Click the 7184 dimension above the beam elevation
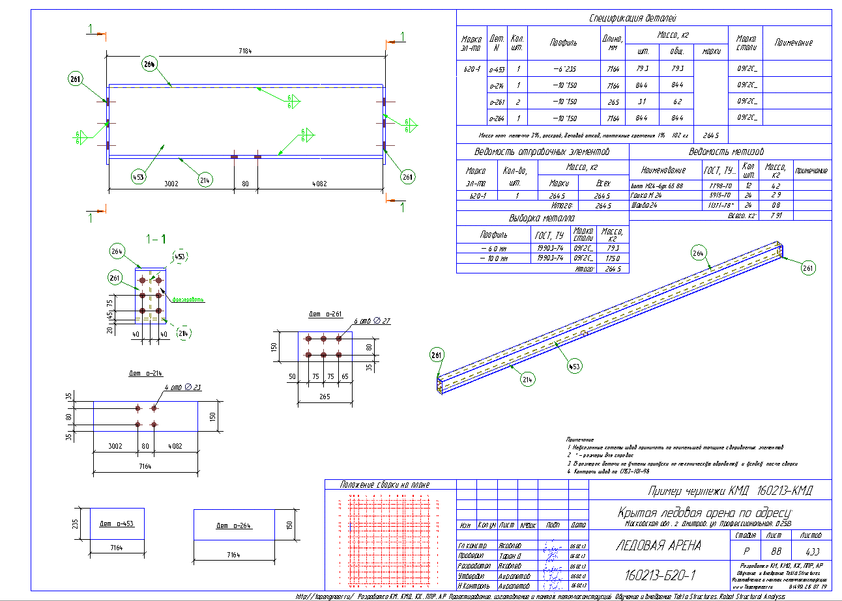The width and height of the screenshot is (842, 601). pyautogui.click(x=245, y=51)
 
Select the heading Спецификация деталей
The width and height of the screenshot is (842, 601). pyautogui.click(x=633, y=18)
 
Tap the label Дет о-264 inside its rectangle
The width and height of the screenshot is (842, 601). pyautogui.click(x=233, y=525)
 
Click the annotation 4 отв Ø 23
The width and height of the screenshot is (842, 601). pyautogui.click(x=184, y=388)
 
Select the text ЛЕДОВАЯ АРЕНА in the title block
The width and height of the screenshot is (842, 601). pyautogui.click(x=658, y=546)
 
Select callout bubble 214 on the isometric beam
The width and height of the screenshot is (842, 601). pyautogui.click(x=528, y=380)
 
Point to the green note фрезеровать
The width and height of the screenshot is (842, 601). pyautogui.click(x=188, y=300)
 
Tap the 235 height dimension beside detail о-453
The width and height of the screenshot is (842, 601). pyautogui.click(x=75, y=524)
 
